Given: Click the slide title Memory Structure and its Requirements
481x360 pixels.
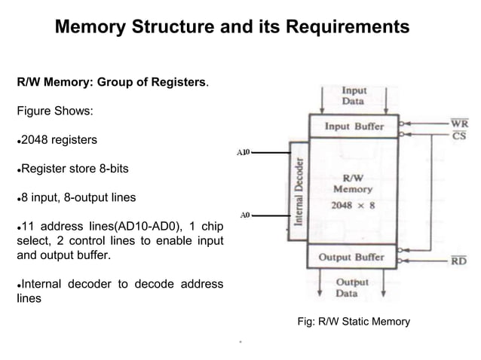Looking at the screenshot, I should [x=232, y=28].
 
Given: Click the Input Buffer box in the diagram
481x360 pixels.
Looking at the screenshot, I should [x=354, y=127].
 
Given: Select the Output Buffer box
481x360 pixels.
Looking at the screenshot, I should [x=351, y=257].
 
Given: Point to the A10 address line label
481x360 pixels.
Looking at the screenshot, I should [x=243, y=152].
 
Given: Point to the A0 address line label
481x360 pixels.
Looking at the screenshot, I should [x=244, y=215].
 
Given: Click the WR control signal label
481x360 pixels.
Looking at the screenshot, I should [x=458, y=123].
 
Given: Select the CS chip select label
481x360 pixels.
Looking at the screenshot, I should [x=458, y=136].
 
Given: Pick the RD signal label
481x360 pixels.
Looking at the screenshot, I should [x=458, y=261].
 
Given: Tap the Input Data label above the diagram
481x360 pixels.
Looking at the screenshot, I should [x=354, y=96].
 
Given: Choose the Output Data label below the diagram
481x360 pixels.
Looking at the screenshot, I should [x=351, y=288].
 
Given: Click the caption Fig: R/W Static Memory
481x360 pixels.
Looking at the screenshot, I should [x=354, y=322].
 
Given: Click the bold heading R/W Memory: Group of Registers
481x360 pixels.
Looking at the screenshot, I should [x=113, y=82].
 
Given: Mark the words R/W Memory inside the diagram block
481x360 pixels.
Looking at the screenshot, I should [x=353, y=184].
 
